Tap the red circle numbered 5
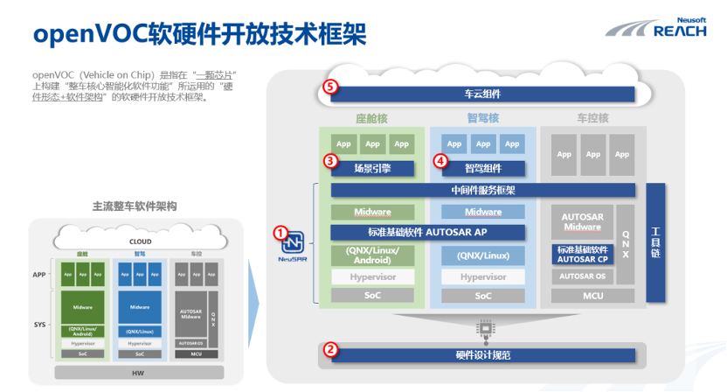pos(330,87)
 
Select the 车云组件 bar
pos(482,94)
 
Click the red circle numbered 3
pos(330,161)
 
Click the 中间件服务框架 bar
pos(482,190)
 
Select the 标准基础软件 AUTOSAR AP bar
pos(427,233)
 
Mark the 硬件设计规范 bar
pos(482,355)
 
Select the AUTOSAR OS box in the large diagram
pos(581,276)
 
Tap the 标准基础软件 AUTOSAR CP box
pos(581,255)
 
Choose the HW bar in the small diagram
pos(139,373)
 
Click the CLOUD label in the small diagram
pos(140,241)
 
